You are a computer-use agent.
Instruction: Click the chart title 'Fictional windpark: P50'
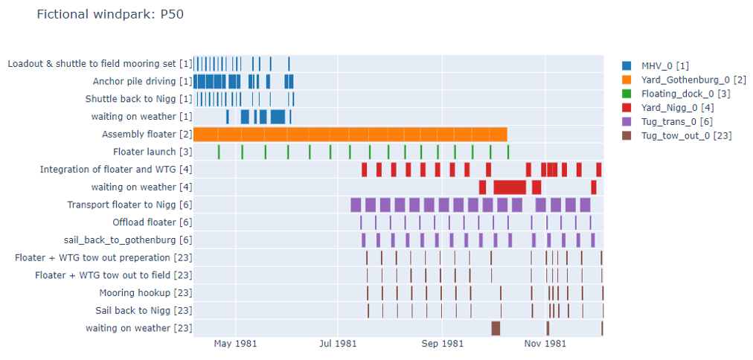pos(109,14)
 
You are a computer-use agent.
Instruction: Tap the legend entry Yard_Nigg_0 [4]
pos(671,107)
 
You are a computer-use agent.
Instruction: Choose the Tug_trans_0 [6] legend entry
pos(673,121)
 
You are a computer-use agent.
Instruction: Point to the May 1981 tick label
pos(236,344)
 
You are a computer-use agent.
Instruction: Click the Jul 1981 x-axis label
pos(338,344)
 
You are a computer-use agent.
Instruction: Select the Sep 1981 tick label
pos(442,344)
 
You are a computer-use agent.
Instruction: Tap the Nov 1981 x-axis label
pos(545,344)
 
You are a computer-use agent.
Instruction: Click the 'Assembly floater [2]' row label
pos(147,135)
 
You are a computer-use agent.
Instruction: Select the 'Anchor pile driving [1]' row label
pos(143,81)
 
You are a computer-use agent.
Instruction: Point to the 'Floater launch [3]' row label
pos(153,152)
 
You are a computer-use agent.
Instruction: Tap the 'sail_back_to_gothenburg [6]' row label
pos(129,240)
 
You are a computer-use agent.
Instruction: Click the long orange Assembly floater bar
pos(350,135)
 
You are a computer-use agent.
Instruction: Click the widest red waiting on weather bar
pos(510,187)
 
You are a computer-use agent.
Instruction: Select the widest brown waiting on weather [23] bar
pos(496,328)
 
